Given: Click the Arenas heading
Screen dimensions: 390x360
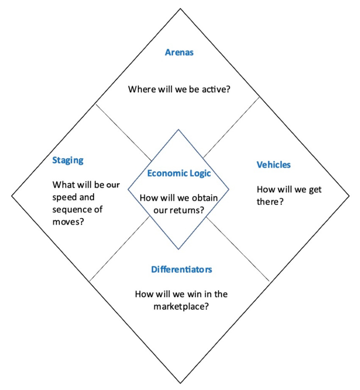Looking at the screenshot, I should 179,53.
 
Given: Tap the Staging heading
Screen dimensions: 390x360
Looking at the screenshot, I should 68,160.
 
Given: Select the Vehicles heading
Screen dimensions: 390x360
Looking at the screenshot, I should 274,165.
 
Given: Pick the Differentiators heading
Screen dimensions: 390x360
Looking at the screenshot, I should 181,269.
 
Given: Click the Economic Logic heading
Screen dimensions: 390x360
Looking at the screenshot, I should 179,173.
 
